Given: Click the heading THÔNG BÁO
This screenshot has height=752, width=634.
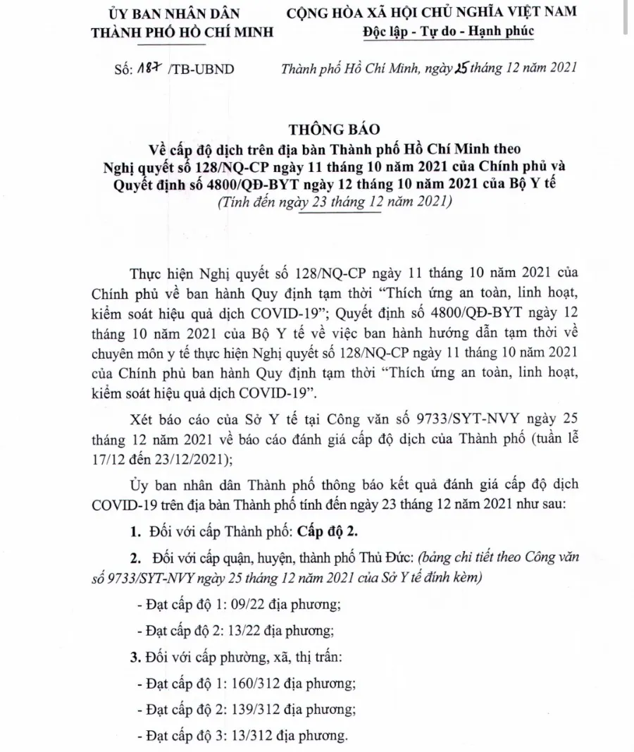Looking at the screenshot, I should (334, 129).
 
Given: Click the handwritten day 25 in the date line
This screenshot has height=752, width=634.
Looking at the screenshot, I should (442, 68).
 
